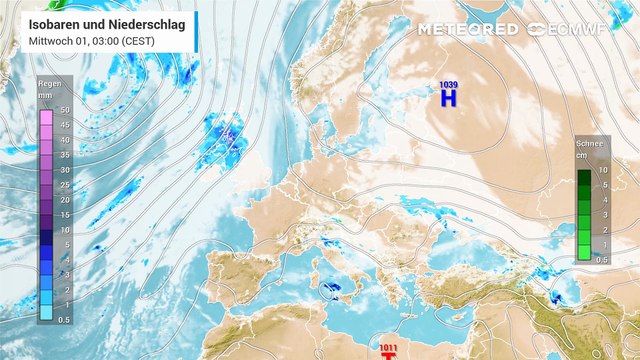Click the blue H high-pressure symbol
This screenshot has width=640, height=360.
click(x=448, y=98)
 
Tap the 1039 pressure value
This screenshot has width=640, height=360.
click(x=448, y=84)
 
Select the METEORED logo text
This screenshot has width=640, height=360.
click(x=467, y=29)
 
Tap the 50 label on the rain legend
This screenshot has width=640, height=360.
click(x=64, y=110)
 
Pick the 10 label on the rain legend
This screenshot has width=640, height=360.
click(x=64, y=230)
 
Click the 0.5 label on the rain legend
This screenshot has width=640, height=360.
click(x=64, y=319)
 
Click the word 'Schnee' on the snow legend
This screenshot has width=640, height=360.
click(x=590, y=144)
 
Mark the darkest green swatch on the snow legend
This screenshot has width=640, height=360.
click(x=583, y=177)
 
